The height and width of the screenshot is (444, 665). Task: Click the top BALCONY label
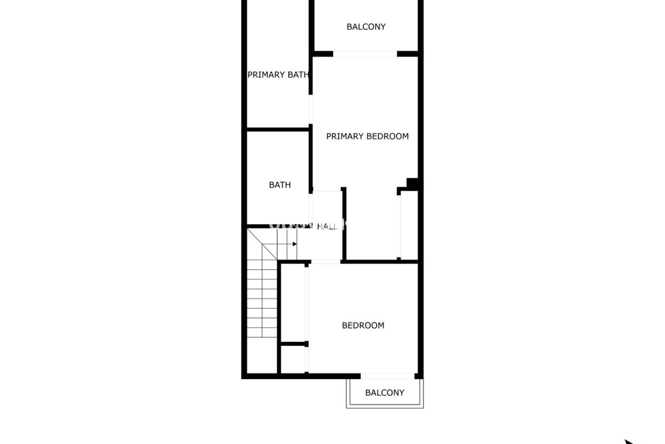[366, 27]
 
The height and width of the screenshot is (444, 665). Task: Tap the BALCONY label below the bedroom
[384, 393]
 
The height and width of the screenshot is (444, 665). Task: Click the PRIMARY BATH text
[278, 75]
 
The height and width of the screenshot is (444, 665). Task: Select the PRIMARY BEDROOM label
[367, 136]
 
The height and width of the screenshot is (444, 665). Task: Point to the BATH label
[280, 185]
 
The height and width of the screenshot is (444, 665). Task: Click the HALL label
[327, 227]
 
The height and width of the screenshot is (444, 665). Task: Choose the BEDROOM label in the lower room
[363, 325]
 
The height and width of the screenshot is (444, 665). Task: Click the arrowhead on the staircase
[294, 244]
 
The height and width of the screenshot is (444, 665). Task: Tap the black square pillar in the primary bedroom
[412, 183]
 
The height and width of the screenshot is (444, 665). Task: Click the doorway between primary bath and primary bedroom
[311, 109]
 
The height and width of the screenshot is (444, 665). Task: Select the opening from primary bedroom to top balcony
[365, 54]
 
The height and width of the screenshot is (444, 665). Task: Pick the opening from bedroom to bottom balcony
[387, 376]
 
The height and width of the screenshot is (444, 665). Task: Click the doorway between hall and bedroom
[326, 262]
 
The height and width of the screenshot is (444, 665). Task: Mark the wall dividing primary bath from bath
[278, 130]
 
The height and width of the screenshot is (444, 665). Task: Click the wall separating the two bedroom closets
[293, 344]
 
